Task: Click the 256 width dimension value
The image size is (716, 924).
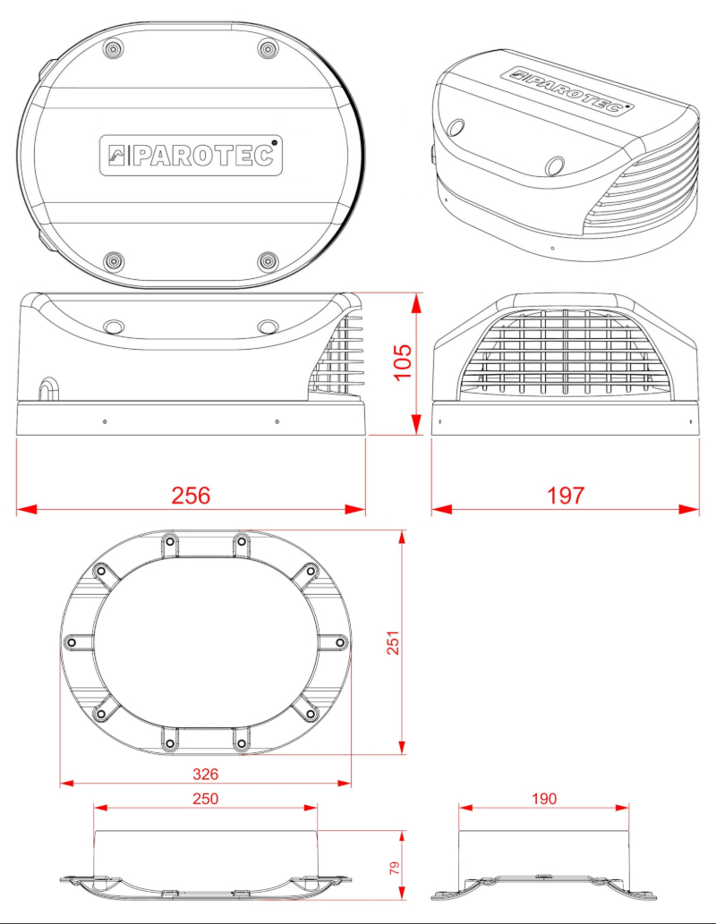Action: (191, 495)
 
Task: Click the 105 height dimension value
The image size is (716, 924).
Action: (402, 362)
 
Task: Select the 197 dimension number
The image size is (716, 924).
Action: (565, 495)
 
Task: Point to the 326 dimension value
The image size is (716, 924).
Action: (205, 773)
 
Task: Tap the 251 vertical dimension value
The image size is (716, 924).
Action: (392, 641)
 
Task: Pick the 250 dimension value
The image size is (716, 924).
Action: (205, 798)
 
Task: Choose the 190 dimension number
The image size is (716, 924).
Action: (543, 798)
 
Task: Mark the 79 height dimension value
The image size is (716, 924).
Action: (393, 868)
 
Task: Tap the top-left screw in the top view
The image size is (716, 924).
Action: (114, 48)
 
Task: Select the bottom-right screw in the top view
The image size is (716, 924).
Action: (268, 261)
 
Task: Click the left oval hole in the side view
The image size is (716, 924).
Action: (115, 326)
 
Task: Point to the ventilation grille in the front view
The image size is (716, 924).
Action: (565, 353)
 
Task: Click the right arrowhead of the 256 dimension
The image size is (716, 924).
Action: (357, 509)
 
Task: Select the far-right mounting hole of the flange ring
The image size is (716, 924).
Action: (338, 641)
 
